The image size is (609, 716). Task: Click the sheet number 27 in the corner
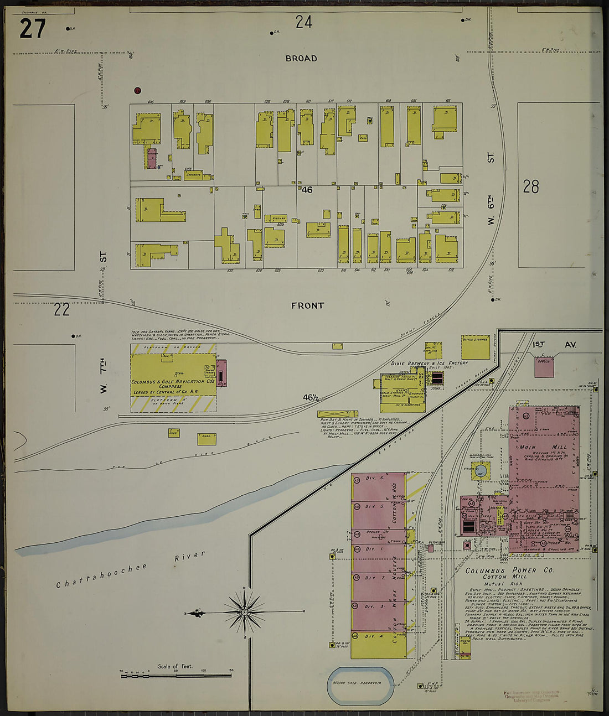pyautogui.click(x=32, y=29)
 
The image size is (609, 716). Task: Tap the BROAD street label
pyautogui.click(x=301, y=58)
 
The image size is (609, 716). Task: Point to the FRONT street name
pyautogui.click(x=307, y=305)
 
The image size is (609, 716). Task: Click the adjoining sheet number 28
pyautogui.click(x=530, y=187)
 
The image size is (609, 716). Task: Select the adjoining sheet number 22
pyautogui.click(x=61, y=309)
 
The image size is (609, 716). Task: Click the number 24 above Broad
pyautogui.click(x=303, y=22)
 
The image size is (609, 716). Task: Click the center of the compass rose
pyautogui.click(x=244, y=612)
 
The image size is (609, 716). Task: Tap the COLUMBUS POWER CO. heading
pyautogui.click(x=493, y=570)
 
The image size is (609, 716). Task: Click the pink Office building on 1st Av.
pyautogui.click(x=544, y=366)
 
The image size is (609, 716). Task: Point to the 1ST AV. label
pyautogui.click(x=554, y=345)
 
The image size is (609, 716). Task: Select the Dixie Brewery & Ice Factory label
pyautogui.click(x=429, y=364)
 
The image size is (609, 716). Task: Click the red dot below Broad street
pyautogui.click(x=137, y=91)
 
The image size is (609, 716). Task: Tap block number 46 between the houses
pyautogui.click(x=307, y=190)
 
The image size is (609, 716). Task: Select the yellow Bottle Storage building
pyautogui.click(x=475, y=346)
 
